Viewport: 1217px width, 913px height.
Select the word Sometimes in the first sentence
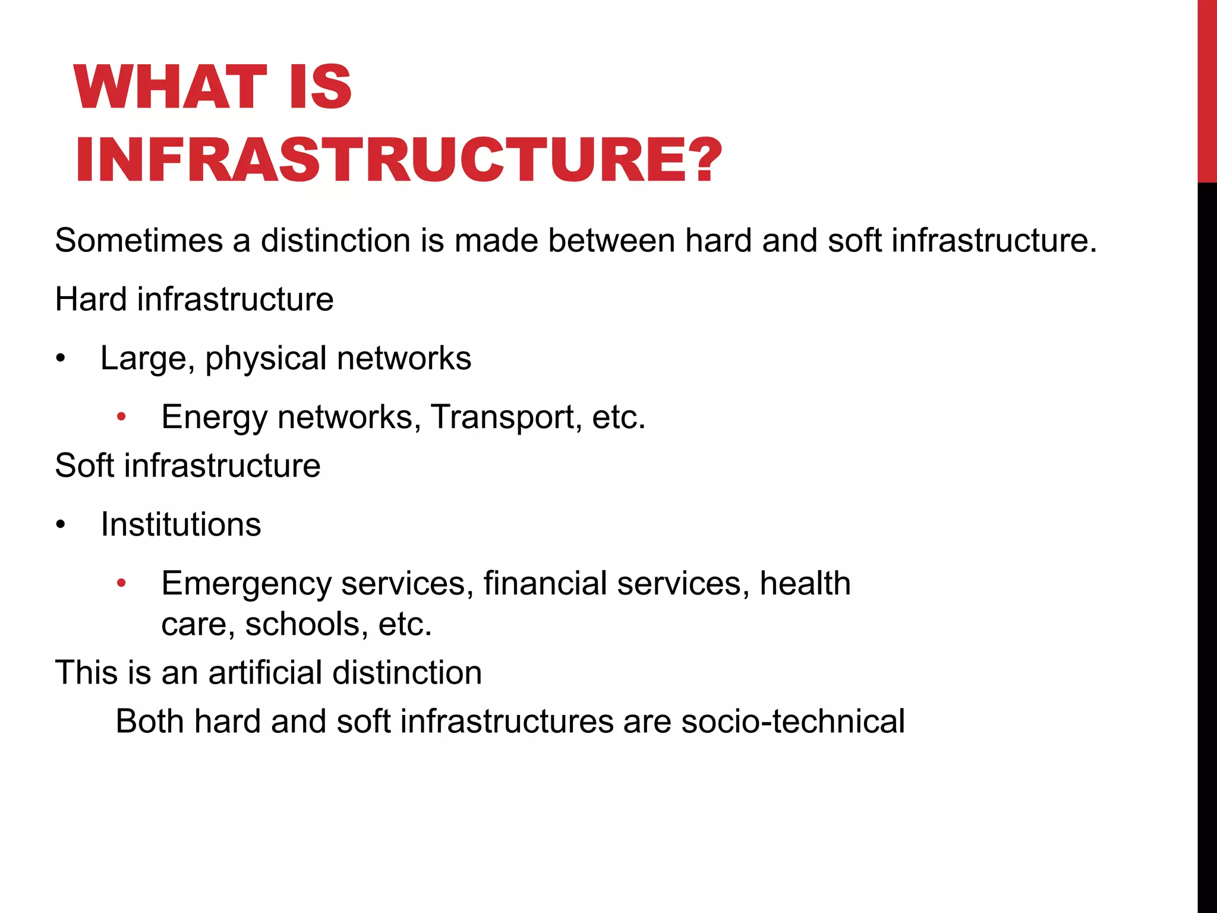[x=138, y=241]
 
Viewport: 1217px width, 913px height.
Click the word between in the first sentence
[x=611, y=241]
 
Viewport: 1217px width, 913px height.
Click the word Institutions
[x=181, y=524]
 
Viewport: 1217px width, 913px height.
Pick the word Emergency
[x=246, y=584]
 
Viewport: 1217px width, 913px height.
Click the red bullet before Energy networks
[x=121, y=417]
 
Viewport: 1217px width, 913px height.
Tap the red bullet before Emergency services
[x=121, y=584]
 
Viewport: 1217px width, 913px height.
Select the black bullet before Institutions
[x=60, y=525]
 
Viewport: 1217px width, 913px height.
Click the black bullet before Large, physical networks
[x=60, y=358]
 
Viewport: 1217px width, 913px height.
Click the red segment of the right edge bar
[x=1207, y=89]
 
